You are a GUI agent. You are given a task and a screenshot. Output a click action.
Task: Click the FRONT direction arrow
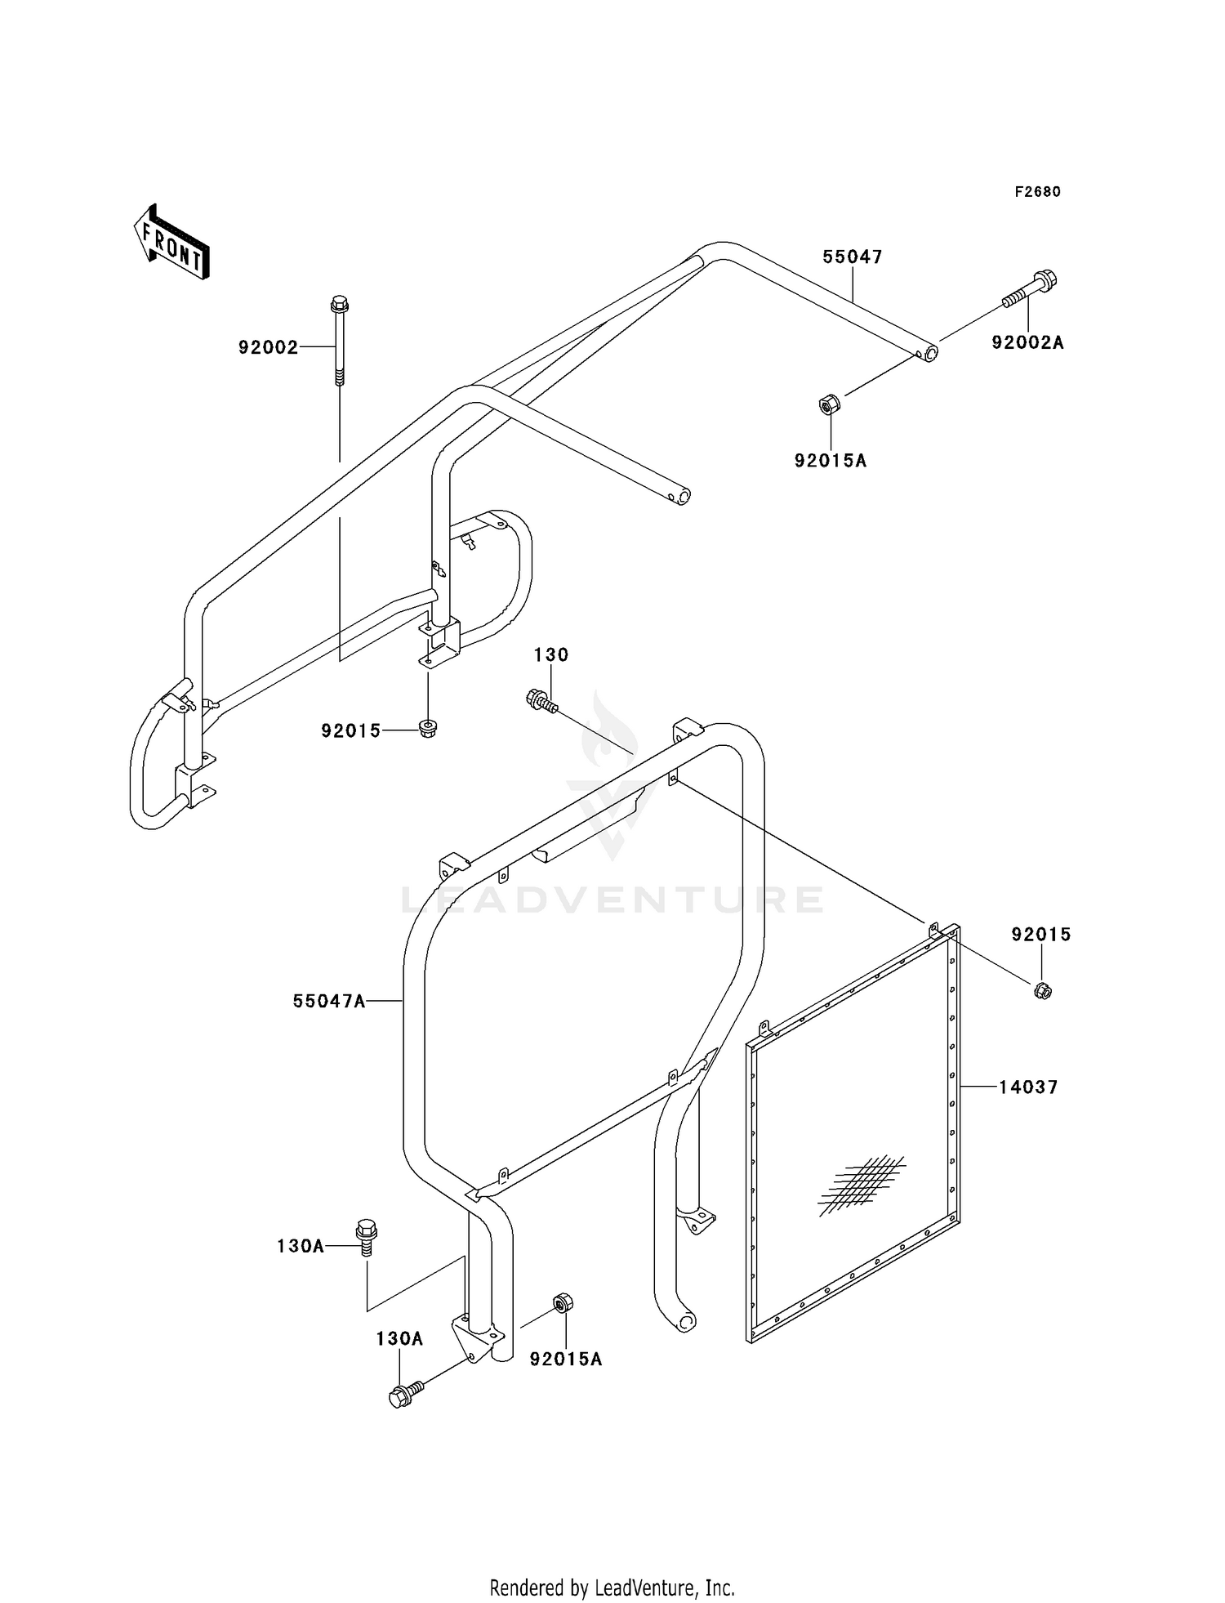click(171, 243)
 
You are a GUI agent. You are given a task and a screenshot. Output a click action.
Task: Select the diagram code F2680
click(1038, 192)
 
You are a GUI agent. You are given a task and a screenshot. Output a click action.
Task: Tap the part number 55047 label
click(853, 257)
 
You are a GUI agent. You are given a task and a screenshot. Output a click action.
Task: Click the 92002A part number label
click(1028, 342)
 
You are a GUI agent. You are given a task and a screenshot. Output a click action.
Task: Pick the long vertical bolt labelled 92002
click(339, 339)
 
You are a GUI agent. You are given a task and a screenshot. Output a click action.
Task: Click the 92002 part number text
click(269, 347)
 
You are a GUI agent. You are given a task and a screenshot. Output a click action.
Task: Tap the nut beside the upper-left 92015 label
click(426, 729)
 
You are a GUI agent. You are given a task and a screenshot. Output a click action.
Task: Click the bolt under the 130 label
click(541, 702)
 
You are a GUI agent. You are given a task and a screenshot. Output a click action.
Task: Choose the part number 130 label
click(551, 654)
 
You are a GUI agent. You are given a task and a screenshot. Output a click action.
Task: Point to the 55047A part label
click(329, 1001)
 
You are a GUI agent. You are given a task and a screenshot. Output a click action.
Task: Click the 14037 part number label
click(1028, 1087)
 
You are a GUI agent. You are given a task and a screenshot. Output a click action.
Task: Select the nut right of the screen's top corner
click(1042, 991)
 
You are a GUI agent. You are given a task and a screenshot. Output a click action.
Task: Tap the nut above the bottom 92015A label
click(563, 1302)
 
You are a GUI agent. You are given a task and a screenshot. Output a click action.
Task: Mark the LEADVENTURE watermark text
click(612, 900)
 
